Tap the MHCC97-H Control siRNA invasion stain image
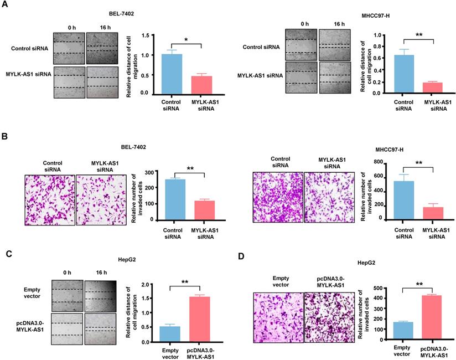(278, 198)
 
